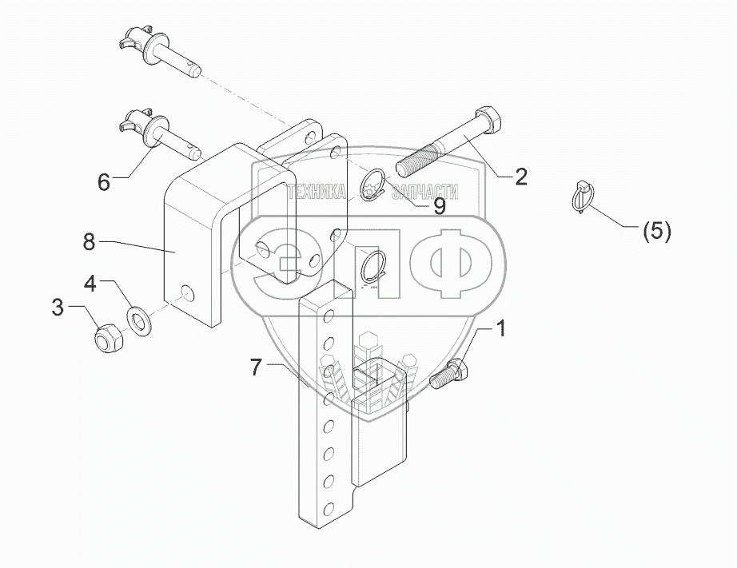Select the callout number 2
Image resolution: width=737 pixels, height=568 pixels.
[x=520, y=177]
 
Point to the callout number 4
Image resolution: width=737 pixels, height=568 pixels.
[x=90, y=283]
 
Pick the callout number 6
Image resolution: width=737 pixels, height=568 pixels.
[x=104, y=182]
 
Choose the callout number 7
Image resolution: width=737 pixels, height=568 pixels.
[x=256, y=367]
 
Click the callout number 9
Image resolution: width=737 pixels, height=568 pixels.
[x=439, y=206]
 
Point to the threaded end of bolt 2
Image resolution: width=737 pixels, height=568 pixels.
[x=414, y=165]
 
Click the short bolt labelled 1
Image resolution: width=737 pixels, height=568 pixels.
[x=449, y=374]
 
